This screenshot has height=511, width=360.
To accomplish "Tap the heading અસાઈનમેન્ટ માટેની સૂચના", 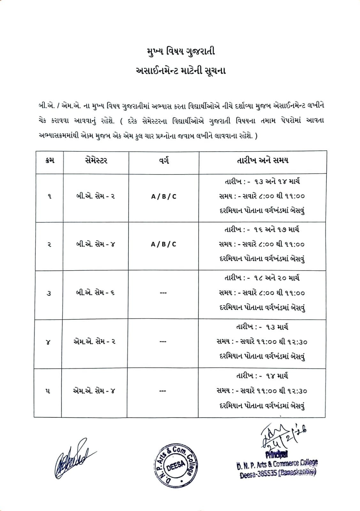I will (x=180, y=70).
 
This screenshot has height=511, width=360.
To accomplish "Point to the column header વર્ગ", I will (x=163, y=161).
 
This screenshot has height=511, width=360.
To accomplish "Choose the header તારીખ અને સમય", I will (x=262, y=160).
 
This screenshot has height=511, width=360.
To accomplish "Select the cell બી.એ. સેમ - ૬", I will (x=95, y=293).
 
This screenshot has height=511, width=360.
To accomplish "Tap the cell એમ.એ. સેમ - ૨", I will (x=94, y=341).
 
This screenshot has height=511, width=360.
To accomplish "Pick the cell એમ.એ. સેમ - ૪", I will (x=94, y=390).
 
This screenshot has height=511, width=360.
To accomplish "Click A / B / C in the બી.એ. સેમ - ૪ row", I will (x=163, y=244).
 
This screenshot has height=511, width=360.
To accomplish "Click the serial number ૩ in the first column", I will (x=49, y=293).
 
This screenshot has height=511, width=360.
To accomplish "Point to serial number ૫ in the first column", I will (x=48, y=391).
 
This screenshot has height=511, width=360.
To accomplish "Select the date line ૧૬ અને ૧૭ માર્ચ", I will (x=262, y=229).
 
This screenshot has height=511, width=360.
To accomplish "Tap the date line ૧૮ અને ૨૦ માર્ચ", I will (x=262, y=278).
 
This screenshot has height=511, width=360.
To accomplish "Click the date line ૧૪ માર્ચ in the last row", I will (x=262, y=376).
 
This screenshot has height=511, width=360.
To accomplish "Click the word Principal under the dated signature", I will (x=277, y=454).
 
